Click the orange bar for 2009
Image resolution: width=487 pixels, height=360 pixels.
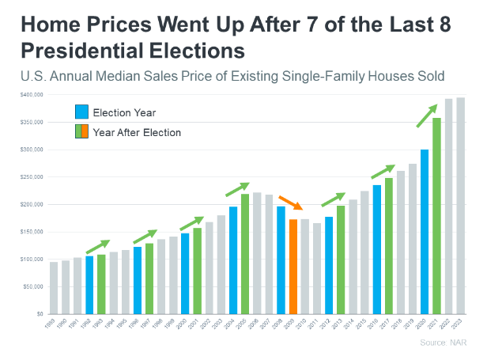(293, 266)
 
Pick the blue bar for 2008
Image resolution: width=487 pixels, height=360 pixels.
(281, 260)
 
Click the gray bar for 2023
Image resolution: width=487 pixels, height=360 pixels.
(460, 205)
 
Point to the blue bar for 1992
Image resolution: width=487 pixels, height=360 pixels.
(89, 284)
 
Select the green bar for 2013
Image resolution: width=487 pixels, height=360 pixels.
(341, 260)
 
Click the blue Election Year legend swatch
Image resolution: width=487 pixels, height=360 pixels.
(81, 112)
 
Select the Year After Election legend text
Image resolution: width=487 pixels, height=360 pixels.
(137, 132)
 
